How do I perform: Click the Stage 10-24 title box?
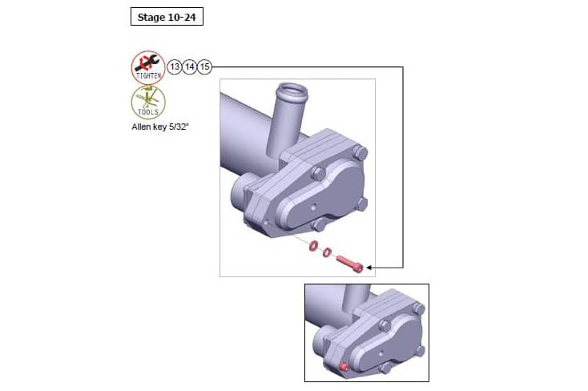167,16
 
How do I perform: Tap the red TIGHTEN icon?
148,67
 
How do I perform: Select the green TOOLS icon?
148,103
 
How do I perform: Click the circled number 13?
175,67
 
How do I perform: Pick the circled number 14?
190,67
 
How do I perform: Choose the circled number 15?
205,67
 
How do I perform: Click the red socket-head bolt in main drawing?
351,263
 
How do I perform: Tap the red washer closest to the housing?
313,245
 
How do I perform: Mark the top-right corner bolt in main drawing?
361,152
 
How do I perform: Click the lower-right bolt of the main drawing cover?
361,204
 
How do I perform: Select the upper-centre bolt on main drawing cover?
319,172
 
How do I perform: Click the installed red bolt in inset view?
342,367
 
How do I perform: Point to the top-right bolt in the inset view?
418,308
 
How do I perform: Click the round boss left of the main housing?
240,192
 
